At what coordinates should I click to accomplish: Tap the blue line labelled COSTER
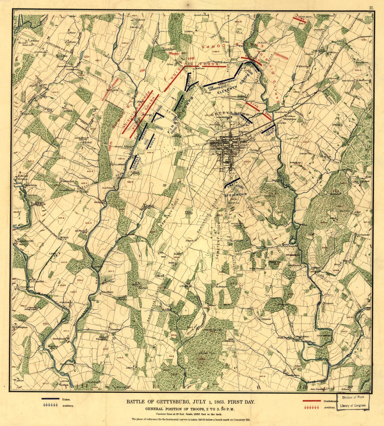coord(247,119)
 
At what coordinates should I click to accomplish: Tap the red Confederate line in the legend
coord(312,400)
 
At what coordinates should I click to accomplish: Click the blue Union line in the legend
coord(50,399)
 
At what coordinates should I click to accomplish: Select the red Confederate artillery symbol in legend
coord(312,407)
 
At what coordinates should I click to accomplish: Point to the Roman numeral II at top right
coord(372,7)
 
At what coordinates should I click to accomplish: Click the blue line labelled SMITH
coord(231,184)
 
